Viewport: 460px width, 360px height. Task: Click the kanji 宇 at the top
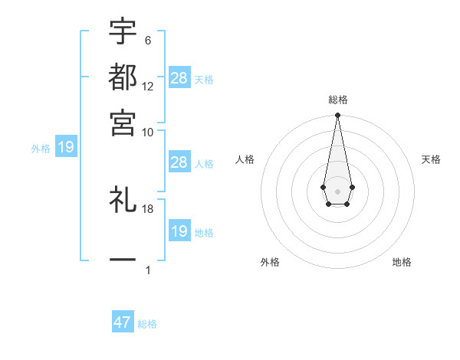(123, 32)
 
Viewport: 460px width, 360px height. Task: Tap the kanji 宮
(123, 122)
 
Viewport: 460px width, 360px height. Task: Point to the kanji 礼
(123, 201)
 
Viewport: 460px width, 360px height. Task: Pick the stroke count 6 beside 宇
(147, 41)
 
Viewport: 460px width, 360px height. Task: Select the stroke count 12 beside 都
(148, 87)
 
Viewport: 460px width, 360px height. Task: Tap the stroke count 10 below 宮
(148, 132)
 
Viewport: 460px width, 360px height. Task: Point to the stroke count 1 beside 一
(147, 270)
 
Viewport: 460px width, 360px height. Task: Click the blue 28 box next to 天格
(179, 78)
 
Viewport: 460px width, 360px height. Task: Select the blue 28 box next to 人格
(179, 162)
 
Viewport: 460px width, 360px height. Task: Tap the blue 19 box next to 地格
(179, 231)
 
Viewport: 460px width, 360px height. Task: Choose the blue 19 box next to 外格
(66, 148)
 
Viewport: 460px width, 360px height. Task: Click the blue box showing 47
(123, 322)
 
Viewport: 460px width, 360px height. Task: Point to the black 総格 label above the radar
(337, 100)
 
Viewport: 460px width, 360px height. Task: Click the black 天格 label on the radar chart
(432, 159)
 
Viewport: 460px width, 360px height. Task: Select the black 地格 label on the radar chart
(402, 262)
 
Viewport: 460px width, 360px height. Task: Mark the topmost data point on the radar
(337, 116)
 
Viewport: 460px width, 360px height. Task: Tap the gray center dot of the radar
(337, 191)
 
